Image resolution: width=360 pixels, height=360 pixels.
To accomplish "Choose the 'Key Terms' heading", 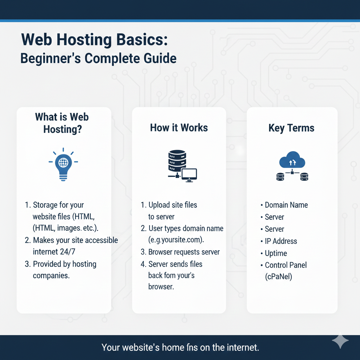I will [291, 128].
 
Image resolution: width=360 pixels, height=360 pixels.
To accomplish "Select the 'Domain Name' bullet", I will [286, 205].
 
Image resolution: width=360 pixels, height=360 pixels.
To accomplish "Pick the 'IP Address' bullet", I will [281, 241].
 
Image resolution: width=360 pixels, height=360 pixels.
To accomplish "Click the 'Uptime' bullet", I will [276, 253].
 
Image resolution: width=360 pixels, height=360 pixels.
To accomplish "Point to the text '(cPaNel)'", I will [278, 277].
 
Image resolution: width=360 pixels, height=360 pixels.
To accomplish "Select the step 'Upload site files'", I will [173, 205].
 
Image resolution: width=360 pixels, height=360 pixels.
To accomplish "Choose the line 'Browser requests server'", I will [184, 252].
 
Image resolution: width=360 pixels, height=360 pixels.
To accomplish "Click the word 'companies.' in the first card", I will [51, 275].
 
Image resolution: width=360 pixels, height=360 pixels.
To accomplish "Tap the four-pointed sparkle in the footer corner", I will [340, 341].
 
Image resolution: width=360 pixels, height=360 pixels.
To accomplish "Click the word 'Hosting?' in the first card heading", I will [63, 129].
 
